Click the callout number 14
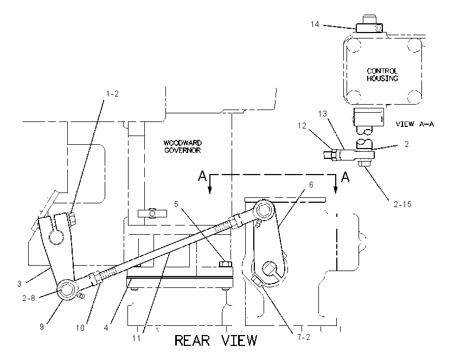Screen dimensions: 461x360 point(315,24)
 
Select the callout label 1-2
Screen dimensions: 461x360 point(112,94)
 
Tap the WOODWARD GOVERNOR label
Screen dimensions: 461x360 point(182,146)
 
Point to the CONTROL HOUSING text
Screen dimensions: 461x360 point(382,75)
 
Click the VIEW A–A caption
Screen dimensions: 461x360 point(414,124)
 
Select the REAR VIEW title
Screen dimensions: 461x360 point(216,340)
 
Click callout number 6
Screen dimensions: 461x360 point(311,184)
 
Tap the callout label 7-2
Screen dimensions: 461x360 point(303,337)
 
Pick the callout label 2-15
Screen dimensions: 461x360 point(402,204)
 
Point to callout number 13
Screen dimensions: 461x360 point(323,114)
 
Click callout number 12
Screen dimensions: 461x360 point(302,126)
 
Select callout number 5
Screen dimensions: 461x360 point(176,204)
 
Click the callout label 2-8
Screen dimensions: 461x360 point(29,298)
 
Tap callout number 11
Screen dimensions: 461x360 point(137,338)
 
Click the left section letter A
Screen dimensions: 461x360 point(202,176)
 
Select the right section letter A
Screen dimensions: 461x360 point(345,177)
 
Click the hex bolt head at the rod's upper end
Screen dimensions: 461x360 point(262,209)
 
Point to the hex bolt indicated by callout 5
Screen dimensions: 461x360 point(226,263)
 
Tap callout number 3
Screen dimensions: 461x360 point(20,284)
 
